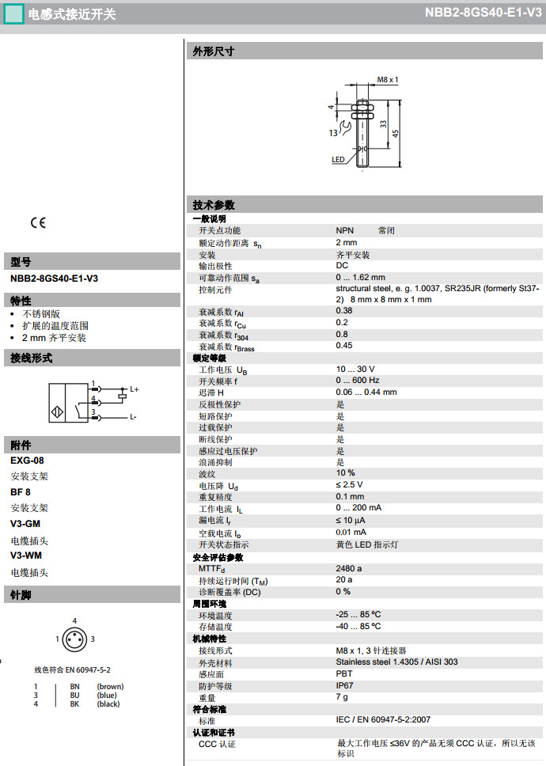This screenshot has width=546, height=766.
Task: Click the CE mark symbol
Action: tap(38, 222)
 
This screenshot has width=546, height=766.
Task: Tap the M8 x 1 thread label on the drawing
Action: tap(387, 80)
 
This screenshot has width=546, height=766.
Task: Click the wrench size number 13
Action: tap(334, 134)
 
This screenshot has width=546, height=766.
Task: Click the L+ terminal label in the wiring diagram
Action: tap(135, 389)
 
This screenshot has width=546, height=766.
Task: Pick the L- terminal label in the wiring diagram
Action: tap(134, 416)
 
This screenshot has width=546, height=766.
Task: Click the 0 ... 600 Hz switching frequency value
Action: tap(358, 381)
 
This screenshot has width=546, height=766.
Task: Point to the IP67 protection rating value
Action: tap(344, 686)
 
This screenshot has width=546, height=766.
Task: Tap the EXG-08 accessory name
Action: tap(27, 461)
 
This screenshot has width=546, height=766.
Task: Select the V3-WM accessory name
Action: tap(25, 556)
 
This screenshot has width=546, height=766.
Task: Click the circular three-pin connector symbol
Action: tap(74, 639)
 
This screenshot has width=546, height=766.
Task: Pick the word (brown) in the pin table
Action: tap(110, 686)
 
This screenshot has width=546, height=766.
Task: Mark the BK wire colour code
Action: tap(74, 703)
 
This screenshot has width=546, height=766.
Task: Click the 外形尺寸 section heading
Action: tap(214, 51)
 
